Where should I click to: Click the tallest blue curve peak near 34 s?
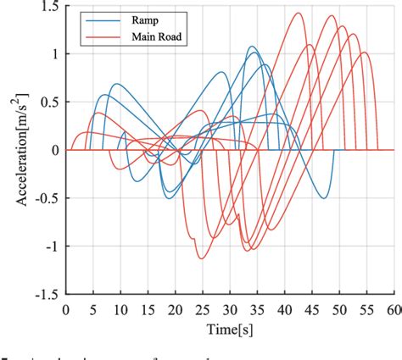pyautogui.click(x=253, y=47)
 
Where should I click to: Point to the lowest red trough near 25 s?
pyautogui.click(x=200, y=258)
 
